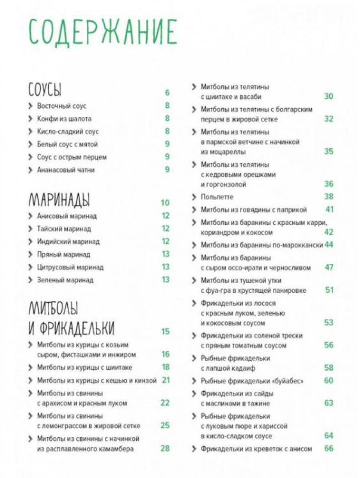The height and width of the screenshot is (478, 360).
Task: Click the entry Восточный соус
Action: tap(61, 106)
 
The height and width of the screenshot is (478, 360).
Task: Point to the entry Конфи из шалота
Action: tap(64, 119)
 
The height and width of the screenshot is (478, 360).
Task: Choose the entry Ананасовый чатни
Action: tap(67, 170)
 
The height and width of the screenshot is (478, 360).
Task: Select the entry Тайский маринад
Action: tap(64, 229)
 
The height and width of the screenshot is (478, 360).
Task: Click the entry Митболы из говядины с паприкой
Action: tap(254, 210)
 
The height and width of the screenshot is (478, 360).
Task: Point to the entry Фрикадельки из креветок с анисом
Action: tap(256, 449)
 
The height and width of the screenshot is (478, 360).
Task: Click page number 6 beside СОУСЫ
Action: tap(167, 93)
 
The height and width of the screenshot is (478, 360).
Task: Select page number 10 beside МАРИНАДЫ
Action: tap(165, 203)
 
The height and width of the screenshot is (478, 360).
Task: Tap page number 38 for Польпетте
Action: tap(329, 197)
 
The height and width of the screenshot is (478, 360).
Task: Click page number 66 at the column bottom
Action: tap(329, 449)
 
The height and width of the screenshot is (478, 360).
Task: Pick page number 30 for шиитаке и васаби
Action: tap(329, 96)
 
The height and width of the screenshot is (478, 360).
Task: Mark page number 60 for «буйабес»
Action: tap(329, 380)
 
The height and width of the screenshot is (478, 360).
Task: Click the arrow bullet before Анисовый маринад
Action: tap(30, 216)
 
